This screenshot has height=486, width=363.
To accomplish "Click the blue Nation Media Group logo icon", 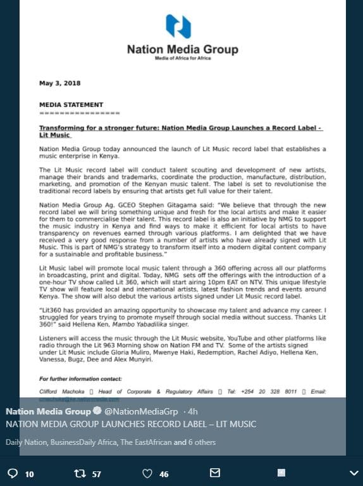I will (x=178, y=27).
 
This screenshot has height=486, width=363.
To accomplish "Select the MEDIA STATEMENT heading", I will (x=71, y=104).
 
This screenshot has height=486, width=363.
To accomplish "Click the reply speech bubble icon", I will (x=12, y=473).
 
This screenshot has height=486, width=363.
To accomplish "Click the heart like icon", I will (x=147, y=473).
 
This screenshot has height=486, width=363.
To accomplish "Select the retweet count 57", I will (x=97, y=473).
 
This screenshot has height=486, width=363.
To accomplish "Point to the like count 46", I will (x=164, y=473).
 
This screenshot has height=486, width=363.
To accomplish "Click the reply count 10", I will (x=29, y=473).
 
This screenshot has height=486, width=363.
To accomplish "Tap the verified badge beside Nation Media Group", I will (x=97, y=412).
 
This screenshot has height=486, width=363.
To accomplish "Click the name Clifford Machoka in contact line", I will (x=61, y=392).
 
